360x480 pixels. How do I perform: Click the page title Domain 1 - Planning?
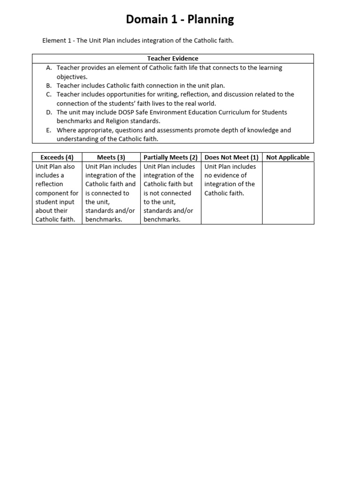(180, 19)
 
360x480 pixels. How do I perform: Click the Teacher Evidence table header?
(172, 59)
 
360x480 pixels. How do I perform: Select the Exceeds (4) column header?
(57, 157)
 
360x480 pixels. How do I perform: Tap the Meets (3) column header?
(111, 157)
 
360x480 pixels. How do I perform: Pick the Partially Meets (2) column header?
(171, 157)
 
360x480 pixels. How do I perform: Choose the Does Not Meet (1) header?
(232, 157)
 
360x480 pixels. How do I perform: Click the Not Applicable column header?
(288, 157)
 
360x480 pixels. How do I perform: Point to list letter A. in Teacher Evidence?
(49, 68)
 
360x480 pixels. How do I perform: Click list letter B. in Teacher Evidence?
(49, 86)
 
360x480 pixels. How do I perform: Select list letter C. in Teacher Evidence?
(49, 94)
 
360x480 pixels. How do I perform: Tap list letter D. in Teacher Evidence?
(49, 112)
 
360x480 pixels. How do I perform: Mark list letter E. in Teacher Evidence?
(49, 130)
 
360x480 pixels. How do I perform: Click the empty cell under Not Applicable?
(288, 193)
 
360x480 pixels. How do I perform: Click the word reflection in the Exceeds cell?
(49, 184)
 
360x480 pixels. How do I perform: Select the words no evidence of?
(225, 175)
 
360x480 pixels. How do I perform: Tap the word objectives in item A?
(72, 77)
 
